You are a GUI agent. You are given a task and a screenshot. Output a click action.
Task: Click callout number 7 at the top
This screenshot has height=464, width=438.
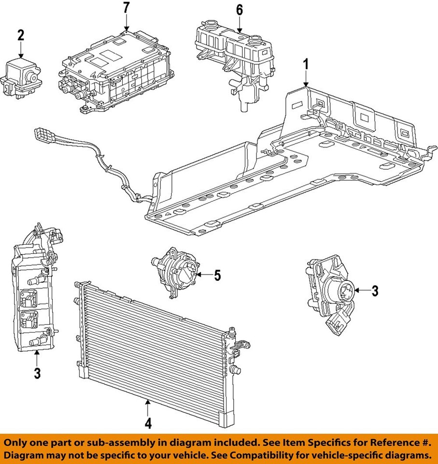tap(126, 8)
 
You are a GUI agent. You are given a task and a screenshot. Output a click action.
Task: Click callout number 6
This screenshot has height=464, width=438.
tap(240, 10)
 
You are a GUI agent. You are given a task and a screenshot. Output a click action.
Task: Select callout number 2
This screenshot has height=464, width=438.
tap(21, 35)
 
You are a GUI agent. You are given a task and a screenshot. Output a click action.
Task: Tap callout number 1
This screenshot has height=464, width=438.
tap(305, 63)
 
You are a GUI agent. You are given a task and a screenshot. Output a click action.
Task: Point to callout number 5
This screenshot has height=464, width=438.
tap(217, 275)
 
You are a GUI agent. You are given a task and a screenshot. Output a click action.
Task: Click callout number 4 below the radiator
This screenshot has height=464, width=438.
tap(148, 424)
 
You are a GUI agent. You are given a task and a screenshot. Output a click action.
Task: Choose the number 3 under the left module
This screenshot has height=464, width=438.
tap(37, 373)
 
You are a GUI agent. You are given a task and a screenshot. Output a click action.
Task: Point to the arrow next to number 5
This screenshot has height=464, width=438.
tap(204, 275)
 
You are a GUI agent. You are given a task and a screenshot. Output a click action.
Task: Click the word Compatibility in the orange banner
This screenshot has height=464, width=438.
tap(257, 455)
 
